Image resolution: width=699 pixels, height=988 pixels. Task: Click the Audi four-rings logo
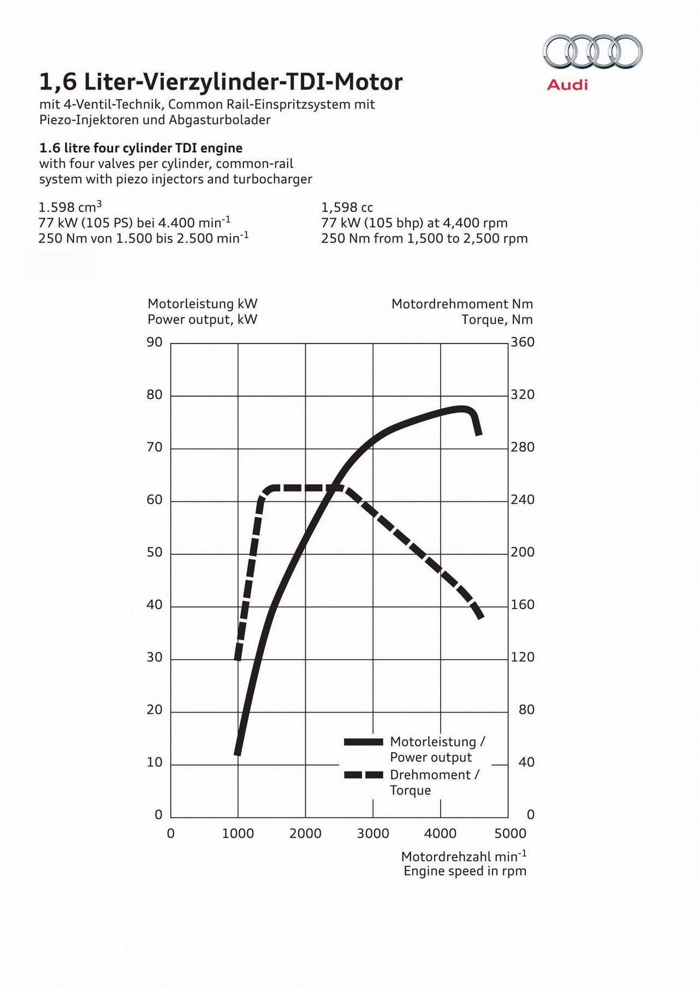pos(593,51)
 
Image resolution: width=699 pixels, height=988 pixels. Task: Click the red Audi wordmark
pos(567,85)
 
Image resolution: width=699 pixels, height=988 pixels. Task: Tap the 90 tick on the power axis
pos(155,342)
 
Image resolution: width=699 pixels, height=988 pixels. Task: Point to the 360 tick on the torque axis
pos(523,342)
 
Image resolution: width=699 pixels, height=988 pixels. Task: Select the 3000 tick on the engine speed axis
pos(373,833)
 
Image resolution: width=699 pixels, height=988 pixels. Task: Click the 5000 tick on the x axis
pos(510,833)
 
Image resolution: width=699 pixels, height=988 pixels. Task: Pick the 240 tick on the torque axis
pos(523,500)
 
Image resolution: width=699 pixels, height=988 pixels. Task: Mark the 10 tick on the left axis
pos(155,762)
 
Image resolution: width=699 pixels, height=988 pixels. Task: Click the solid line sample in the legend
pos(364,742)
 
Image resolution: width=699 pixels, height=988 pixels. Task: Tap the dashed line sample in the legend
pos(364,774)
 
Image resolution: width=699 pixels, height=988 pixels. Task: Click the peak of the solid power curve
pos(462,409)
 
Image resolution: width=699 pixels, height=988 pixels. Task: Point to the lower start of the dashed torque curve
pos(238,659)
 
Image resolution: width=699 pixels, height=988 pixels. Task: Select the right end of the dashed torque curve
pos(481,618)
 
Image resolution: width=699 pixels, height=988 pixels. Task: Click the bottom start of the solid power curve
pos(238,754)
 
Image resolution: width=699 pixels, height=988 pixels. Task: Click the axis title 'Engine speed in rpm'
pos(465,871)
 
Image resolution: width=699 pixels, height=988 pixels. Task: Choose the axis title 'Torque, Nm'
pos(497,320)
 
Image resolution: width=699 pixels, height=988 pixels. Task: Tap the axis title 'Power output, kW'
pos(203,320)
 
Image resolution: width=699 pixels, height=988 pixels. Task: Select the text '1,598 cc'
pos(347,208)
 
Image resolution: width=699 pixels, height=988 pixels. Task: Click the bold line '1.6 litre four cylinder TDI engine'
pos(141,148)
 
